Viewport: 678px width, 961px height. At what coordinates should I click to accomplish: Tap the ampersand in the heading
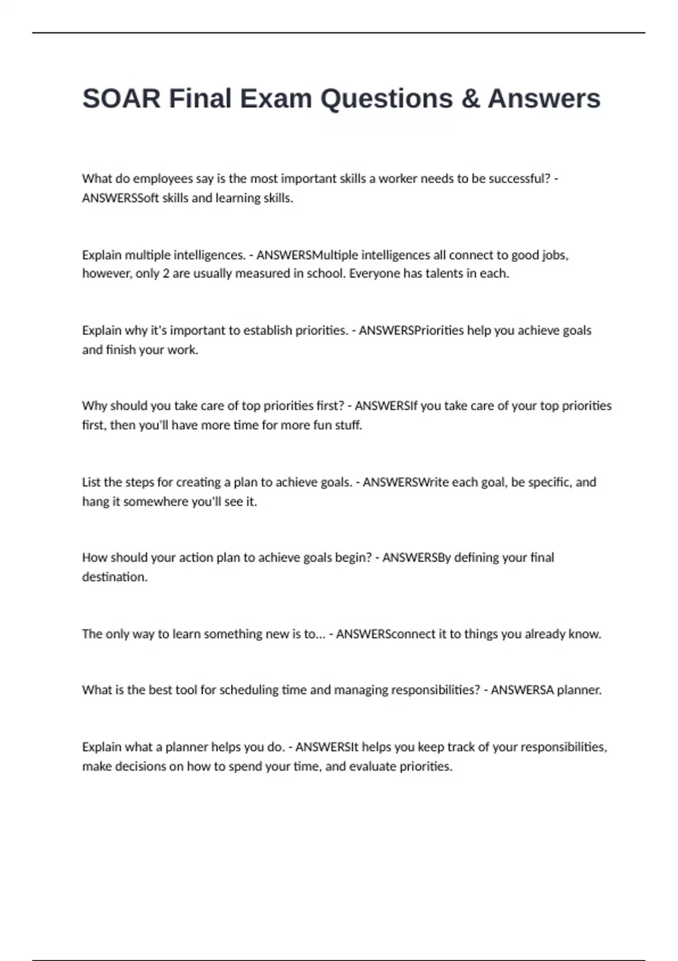coord(470,98)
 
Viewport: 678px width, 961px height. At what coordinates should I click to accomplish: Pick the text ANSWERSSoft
coord(120,198)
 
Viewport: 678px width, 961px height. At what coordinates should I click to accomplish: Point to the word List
coord(91,482)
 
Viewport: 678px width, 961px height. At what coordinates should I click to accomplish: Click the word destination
coord(115,577)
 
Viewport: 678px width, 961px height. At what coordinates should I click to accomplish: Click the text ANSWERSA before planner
coord(522,690)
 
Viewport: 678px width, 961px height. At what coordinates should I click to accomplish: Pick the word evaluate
coord(373,767)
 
